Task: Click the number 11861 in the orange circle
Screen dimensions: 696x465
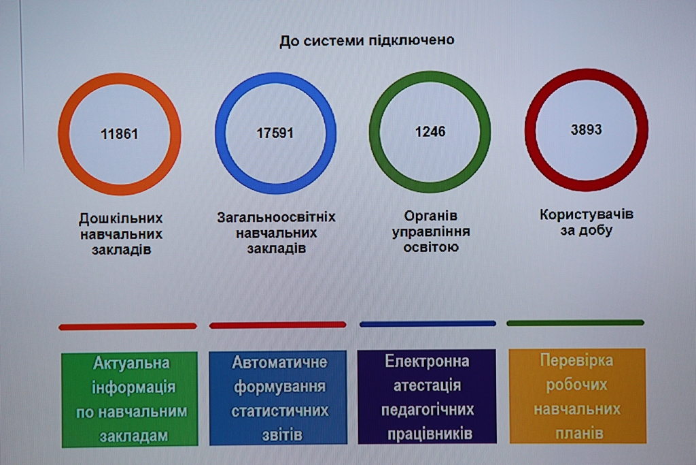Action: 120,134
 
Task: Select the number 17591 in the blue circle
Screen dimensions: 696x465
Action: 275,133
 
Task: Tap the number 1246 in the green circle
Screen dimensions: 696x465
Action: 430,131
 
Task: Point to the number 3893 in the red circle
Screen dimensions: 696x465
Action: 586,129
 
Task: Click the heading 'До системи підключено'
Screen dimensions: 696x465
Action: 366,40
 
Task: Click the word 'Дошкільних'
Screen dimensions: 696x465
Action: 121,219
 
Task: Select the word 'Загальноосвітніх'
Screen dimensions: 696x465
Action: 276,217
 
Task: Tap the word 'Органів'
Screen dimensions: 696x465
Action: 430,216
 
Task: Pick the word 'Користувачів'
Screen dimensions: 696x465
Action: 587,214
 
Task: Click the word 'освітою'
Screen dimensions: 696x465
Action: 430,247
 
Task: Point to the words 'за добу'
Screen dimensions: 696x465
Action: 587,230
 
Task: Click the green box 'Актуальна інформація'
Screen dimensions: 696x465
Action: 130,399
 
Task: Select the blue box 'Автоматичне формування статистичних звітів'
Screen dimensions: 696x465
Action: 278,398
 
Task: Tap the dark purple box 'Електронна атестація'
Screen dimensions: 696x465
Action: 427,396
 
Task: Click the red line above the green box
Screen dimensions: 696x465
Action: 127,327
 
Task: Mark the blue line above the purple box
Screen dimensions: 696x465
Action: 428,324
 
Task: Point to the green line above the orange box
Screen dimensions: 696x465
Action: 575,323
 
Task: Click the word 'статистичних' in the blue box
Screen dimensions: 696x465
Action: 279,411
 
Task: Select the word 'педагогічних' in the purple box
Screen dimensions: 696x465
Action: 428,410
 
